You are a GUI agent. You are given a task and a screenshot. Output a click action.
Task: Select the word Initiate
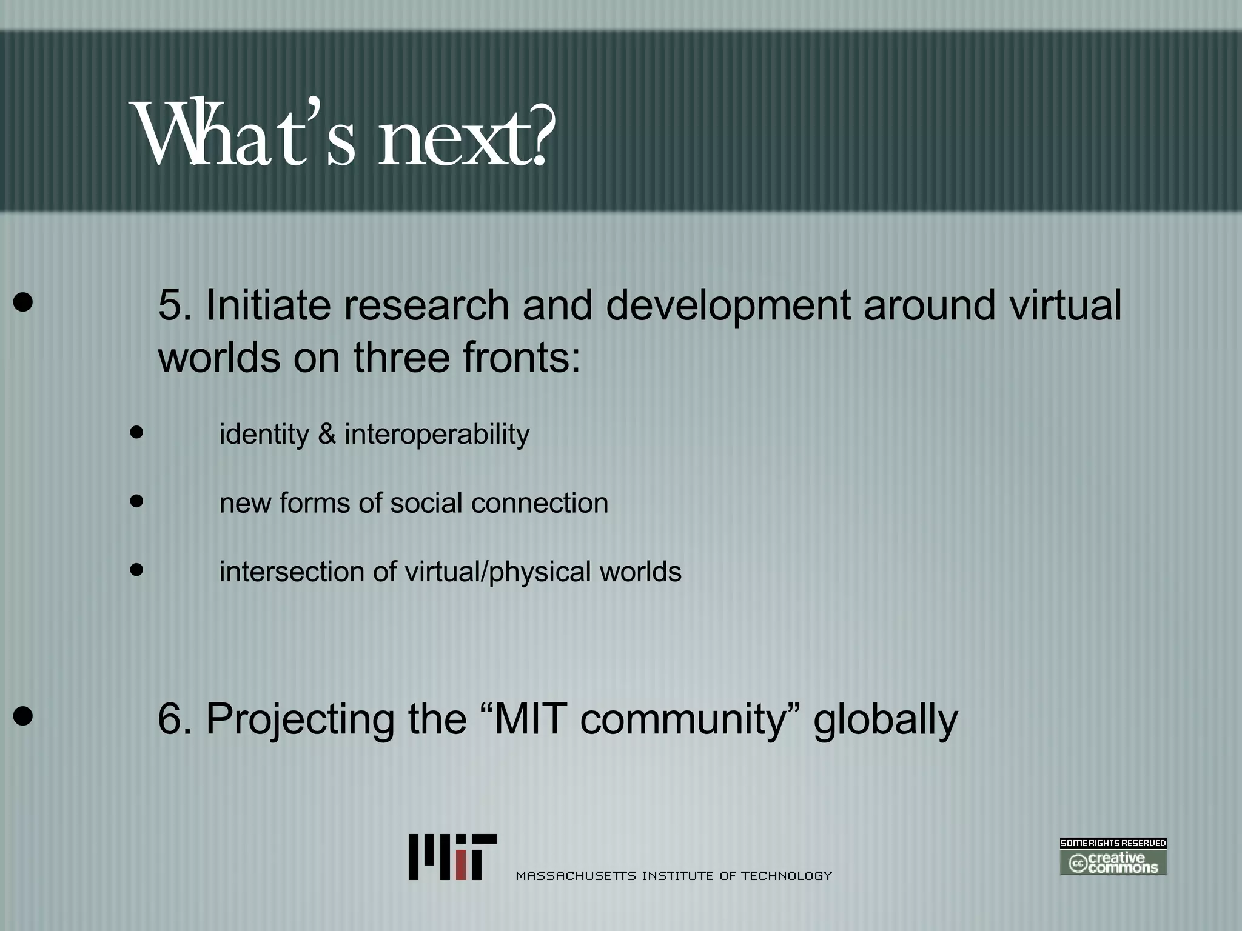tap(268, 305)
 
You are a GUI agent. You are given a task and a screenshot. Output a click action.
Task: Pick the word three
tap(401, 357)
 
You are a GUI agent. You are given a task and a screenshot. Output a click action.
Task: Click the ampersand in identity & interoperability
tap(327, 434)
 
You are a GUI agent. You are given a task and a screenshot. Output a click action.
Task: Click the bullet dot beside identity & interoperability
tap(137, 432)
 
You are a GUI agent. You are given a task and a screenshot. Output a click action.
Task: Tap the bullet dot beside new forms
tap(137, 501)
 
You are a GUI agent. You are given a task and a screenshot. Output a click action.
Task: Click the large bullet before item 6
tap(23, 716)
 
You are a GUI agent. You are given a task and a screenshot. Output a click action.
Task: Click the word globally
tap(885, 719)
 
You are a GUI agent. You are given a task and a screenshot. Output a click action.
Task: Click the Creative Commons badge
tap(1113, 856)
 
